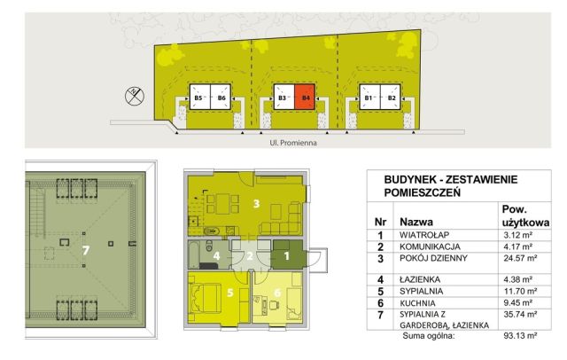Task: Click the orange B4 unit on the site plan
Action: tap(306, 98)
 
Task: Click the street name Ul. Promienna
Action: tap(293, 139)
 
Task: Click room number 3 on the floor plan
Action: tap(256, 204)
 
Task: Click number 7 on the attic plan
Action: tap(86, 251)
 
